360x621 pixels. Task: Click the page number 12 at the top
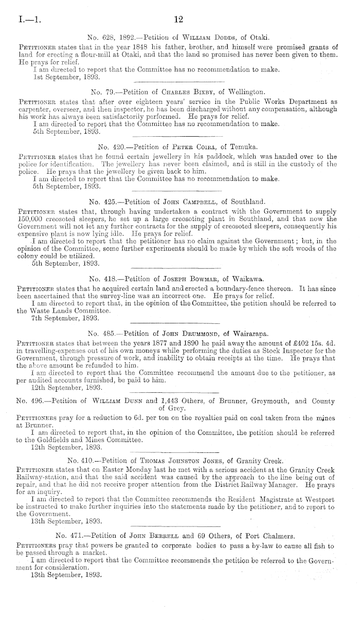tap(178, 20)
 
